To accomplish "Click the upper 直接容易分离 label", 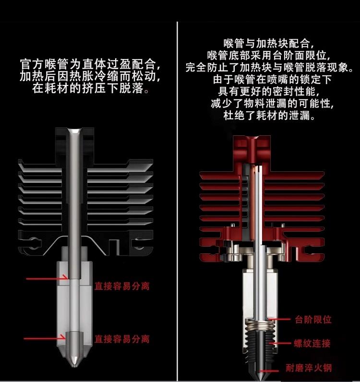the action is pos(122,286).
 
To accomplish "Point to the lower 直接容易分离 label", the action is pos(122,339).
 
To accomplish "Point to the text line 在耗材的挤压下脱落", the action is pos(90,89).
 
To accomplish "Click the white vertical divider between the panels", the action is pos(177,192).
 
